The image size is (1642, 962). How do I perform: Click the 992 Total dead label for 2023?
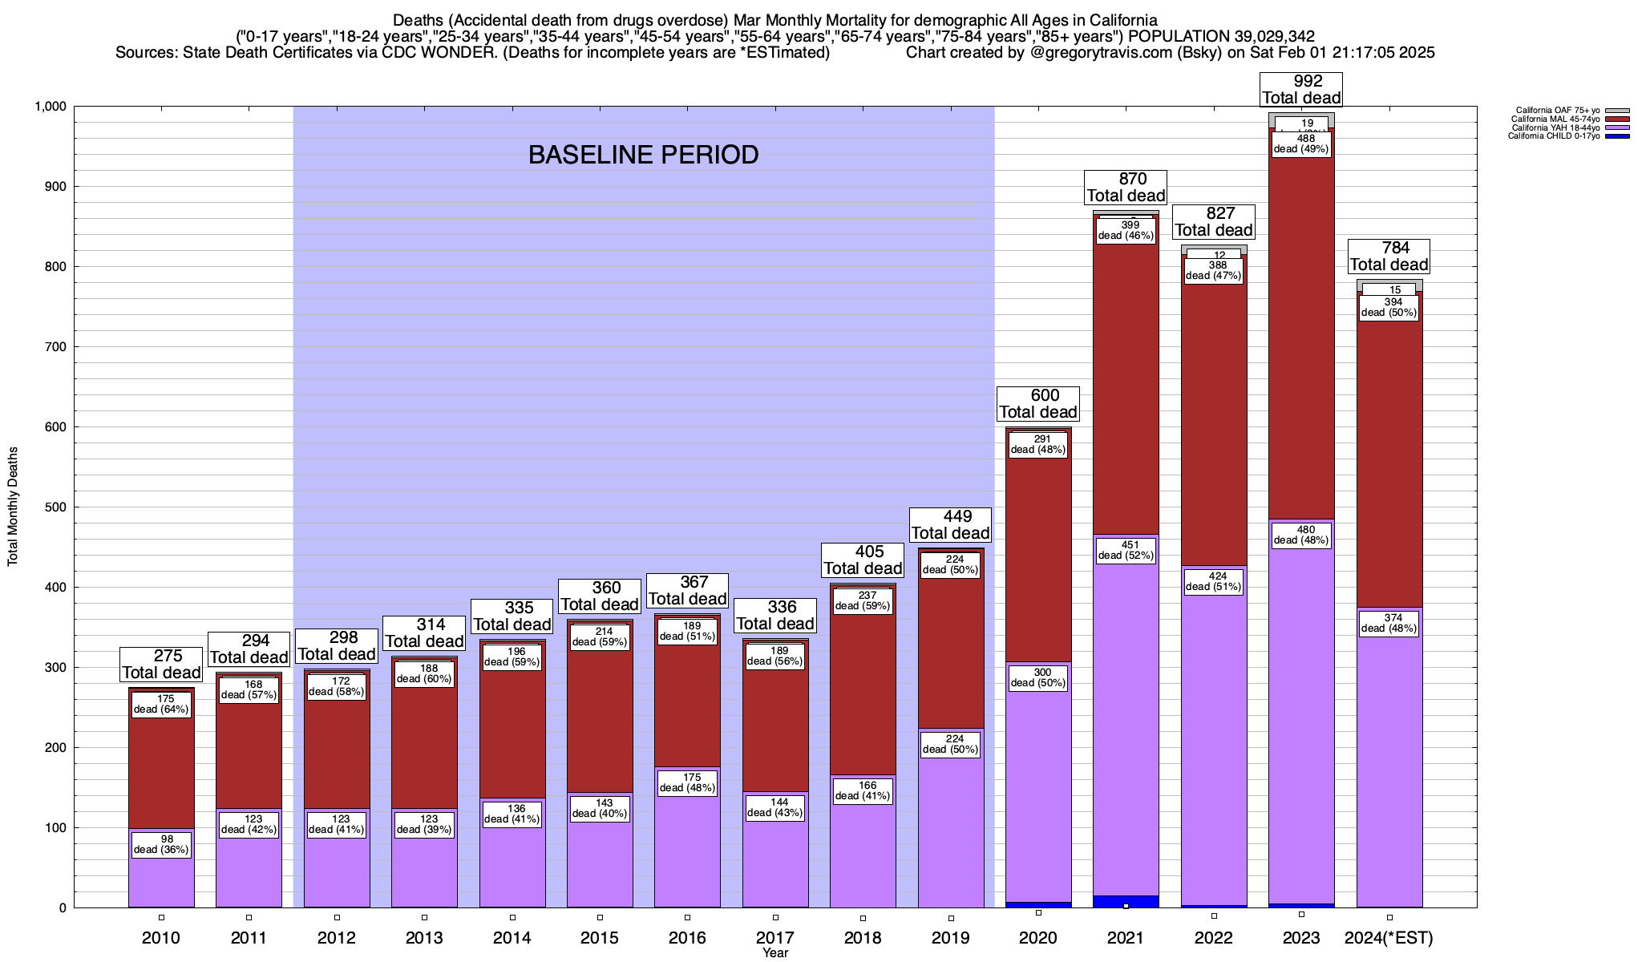[1301, 90]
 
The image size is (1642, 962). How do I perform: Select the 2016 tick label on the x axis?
[687, 938]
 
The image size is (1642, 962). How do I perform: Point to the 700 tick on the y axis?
[55, 347]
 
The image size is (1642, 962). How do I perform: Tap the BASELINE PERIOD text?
[643, 155]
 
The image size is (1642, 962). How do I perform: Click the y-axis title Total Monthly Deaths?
[13, 507]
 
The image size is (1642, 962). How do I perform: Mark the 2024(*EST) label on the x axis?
[1389, 938]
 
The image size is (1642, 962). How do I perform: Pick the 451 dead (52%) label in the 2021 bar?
[1126, 550]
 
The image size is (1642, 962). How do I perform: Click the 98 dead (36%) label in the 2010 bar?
[161, 844]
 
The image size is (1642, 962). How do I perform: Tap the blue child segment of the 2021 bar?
[1126, 901]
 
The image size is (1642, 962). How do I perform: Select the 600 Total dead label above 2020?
[1038, 404]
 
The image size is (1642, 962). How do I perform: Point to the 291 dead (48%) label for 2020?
[1038, 444]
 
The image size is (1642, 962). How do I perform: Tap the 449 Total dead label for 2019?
[951, 525]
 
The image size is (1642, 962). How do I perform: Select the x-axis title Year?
[775, 953]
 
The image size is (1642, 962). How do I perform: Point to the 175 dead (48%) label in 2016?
[687, 782]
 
